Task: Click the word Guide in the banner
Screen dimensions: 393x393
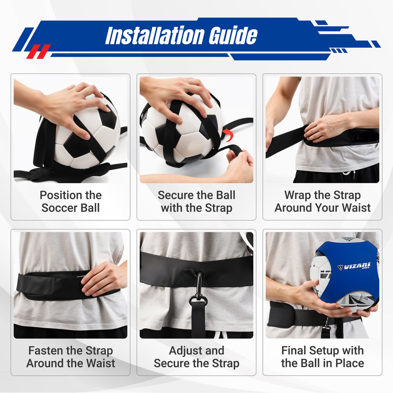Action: [x=233, y=35]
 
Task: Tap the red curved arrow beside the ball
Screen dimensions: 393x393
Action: [x=228, y=135]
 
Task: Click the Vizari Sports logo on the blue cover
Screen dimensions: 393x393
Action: [x=354, y=266]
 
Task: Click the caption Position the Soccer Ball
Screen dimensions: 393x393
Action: [x=71, y=201]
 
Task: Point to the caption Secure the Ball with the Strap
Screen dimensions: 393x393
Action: [x=196, y=201]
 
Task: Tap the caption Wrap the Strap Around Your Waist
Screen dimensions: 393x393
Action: [x=322, y=201]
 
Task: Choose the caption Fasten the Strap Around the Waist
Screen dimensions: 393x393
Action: [x=71, y=357]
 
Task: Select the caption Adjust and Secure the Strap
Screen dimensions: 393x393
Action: [x=196, y=357]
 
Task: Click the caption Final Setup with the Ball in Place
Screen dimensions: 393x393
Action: [x=322, y=357]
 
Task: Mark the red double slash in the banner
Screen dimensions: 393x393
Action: [x=39, y=51]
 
